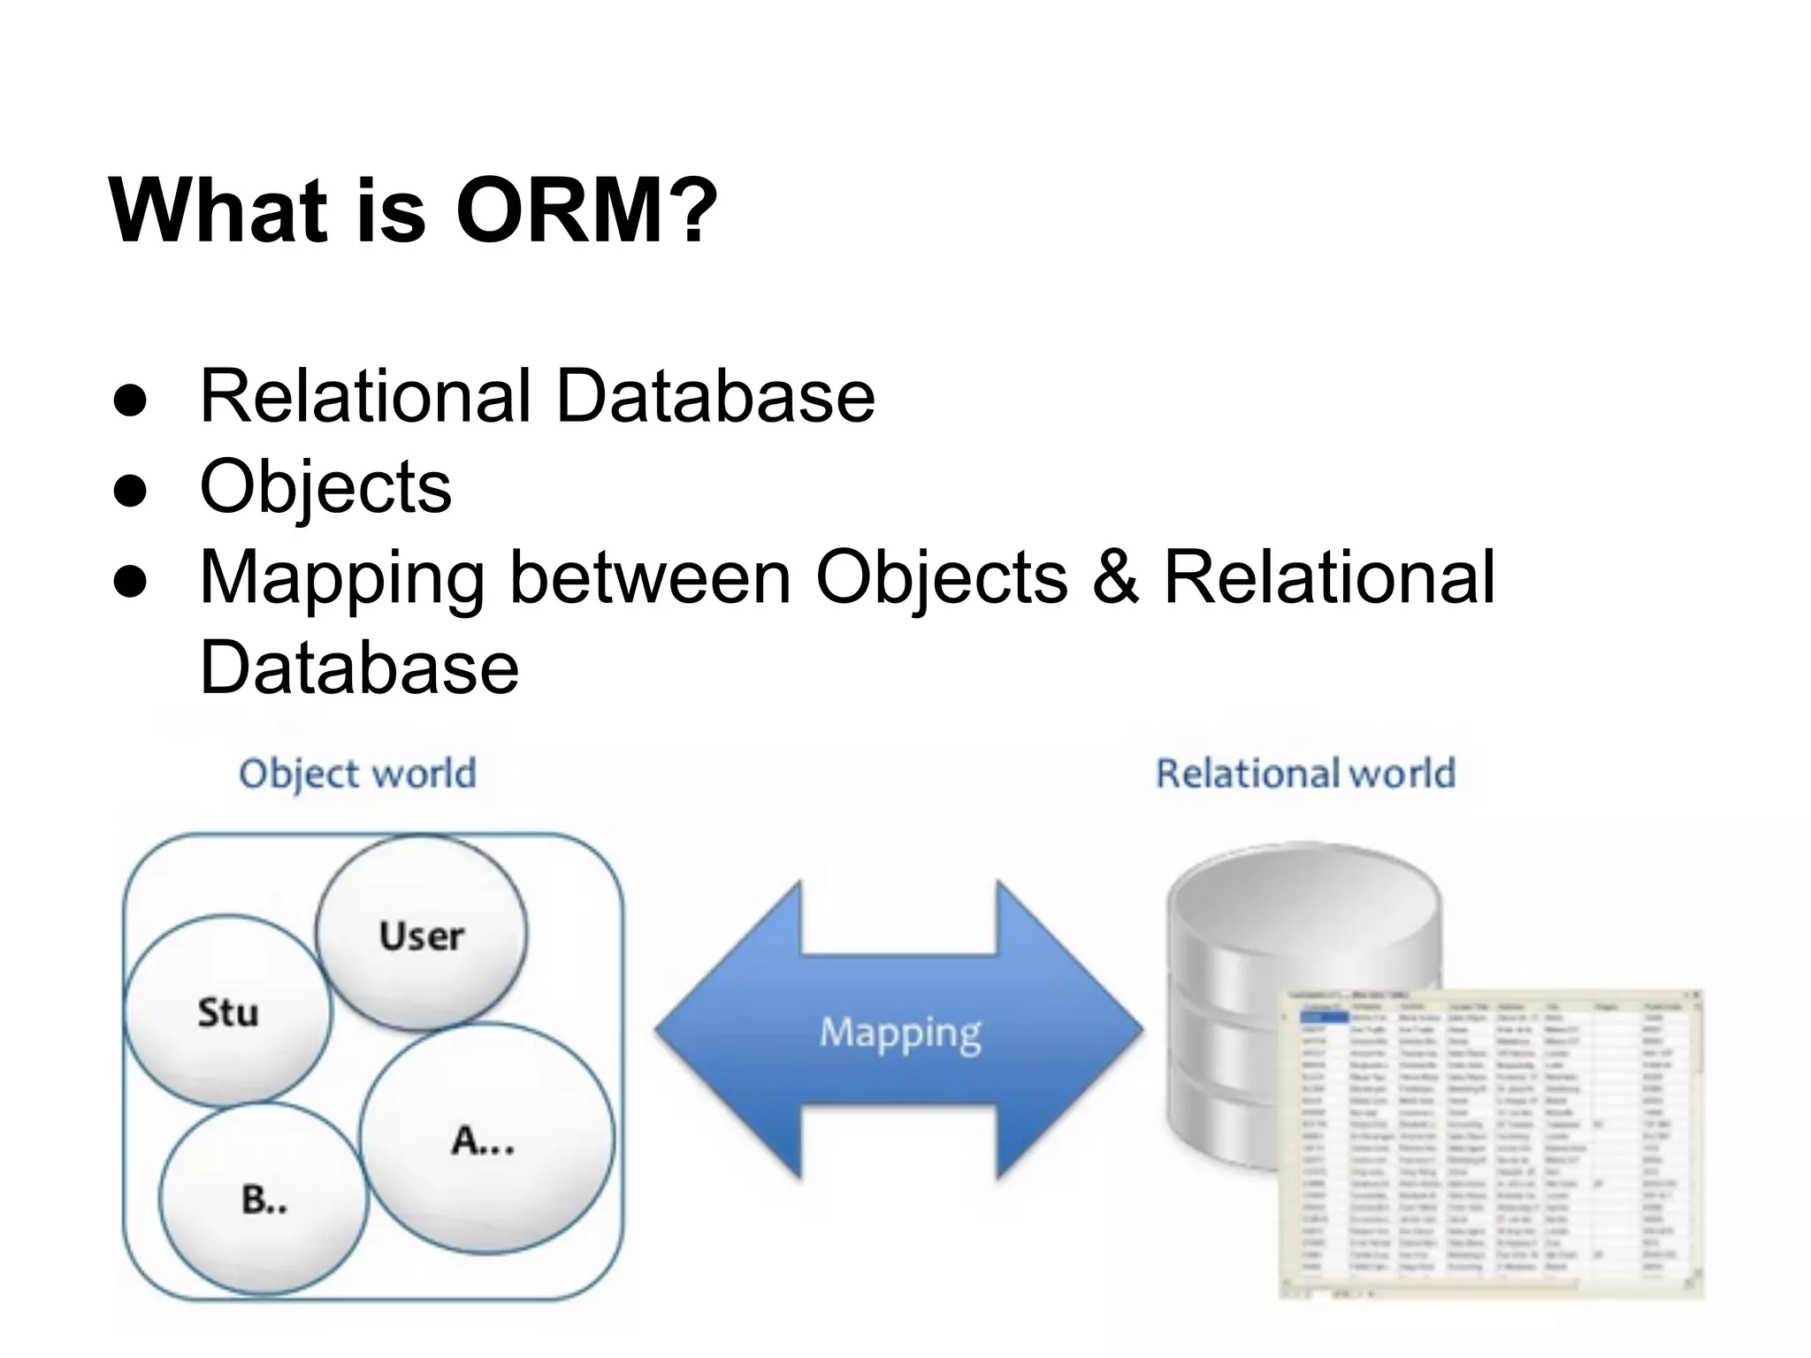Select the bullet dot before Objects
coord(130,490)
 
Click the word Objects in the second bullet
coord(325,486)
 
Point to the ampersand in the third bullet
coord(1115,576)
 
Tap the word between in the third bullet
coord(650,576)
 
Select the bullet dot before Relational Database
coord(130,400)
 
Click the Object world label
coord(357,774)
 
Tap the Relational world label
coord(1305,774)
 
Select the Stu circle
coord(227,1011)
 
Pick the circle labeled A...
coord(485,1139)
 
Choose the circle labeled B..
coord(264,1200)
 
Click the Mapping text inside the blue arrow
coord(900,1032)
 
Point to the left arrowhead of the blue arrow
coord(707,1030)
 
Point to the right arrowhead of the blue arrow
coord(1088,1030)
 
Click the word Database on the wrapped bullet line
coord(359,669)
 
